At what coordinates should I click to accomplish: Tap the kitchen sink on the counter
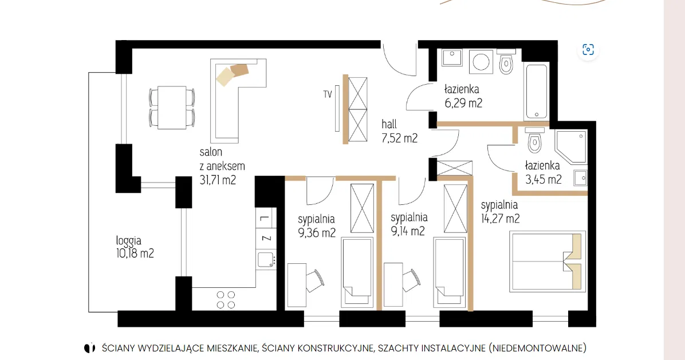(x=265, y=260)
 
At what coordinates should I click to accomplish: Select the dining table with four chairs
(x=172, y=107)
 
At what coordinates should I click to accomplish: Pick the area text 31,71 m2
(x=218, y=179)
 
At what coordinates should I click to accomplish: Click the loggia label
(x=128, y=241)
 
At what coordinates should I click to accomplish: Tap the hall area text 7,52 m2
(x=400, y=137)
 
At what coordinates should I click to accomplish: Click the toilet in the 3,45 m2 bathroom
(x=535, y=142)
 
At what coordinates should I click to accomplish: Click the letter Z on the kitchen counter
(x=266, y=238)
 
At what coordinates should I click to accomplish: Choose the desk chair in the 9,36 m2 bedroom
(x=315, y=280)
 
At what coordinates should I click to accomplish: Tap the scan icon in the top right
(x=588, y=49)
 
